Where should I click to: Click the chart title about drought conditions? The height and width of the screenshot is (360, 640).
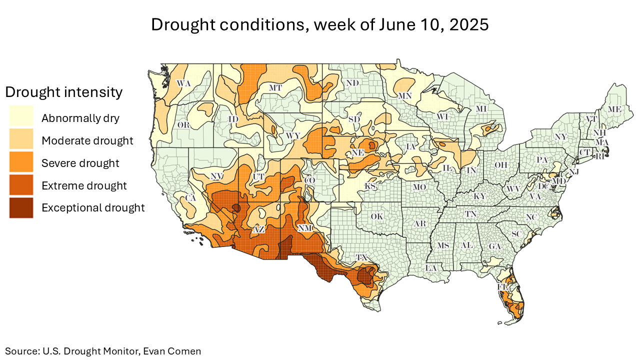320,24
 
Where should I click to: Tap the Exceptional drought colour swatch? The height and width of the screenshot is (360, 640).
21,207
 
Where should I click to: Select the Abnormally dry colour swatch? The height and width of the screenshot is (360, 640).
21,118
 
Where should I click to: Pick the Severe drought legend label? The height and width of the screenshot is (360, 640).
80,163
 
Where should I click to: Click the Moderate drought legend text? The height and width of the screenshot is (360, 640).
87,140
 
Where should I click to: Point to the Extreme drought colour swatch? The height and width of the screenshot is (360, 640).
21,185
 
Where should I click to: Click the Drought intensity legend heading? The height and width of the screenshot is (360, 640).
63,92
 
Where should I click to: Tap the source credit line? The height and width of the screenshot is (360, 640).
103,351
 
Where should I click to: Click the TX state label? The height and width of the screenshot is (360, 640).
361,257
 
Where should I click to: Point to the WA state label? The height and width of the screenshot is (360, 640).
184,83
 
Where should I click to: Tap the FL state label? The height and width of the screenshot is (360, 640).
502,287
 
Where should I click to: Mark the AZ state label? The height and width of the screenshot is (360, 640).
258,229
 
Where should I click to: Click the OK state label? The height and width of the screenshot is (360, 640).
376,216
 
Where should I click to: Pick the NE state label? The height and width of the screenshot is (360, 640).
356,152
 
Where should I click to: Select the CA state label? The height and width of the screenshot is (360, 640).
190,198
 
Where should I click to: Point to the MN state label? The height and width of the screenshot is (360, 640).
404,95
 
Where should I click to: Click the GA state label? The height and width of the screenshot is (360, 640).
494,246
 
